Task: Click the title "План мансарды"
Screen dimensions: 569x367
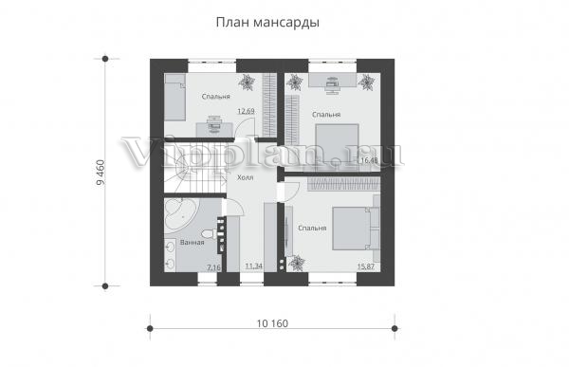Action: pyautogui.click(x=267, y=23)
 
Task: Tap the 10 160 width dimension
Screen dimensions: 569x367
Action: pyautogui.click(x=272, y=323)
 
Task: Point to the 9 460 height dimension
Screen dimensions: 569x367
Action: pyautogui.click(x=101, y=173)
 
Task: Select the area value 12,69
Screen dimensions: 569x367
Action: pyautogui.click(x=246, y=111)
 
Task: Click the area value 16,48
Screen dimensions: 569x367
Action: pyautogui.click(x=370, y=160)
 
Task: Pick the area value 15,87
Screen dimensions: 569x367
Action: pyautogui.click(x=366, y=266)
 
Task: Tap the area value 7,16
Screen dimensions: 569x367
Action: pyautogui.click(x=213, y=267)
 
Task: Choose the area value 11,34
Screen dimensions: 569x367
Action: pyautogui.click(x=253, y=266)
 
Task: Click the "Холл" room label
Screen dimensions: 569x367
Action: pyautogui.click(x=246, y=178)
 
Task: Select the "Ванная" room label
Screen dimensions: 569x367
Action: pyautogui.click(x=192, y=242)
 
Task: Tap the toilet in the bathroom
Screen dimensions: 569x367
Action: pyautogui.click(x=210, y=233)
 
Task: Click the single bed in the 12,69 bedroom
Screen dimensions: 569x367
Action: pyautogui.click(x=174, y=98)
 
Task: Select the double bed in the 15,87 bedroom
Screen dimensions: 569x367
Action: pyautogui.click(x=354, y=228)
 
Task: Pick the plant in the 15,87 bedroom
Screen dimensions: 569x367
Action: pyautogui.click(x=297, y=262)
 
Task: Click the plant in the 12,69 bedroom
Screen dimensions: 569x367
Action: pyautogui.click(x=247, y=82)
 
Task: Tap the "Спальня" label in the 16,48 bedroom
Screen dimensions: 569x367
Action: pyautogui.click(x=326, y=115)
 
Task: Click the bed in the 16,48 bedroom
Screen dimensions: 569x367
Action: pyautogui.click(x=337, y=147)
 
